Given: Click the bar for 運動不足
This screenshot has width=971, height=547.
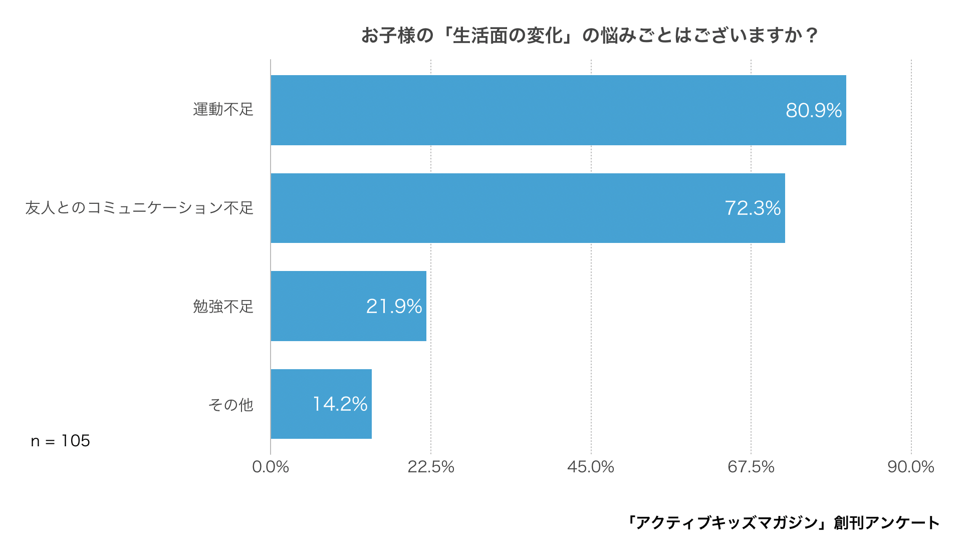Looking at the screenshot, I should (558, 110).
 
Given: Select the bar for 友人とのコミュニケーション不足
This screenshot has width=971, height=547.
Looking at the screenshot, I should (528, 208).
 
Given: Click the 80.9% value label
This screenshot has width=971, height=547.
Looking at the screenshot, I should (813, 111).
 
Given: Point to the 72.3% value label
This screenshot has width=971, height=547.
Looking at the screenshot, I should (753, 208).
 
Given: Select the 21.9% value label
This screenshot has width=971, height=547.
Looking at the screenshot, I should (394, 307).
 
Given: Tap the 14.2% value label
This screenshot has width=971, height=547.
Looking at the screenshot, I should (340, 404).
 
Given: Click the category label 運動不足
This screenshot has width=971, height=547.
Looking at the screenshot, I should (223, 109).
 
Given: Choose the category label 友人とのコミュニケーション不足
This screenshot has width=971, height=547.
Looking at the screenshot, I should (139, 207).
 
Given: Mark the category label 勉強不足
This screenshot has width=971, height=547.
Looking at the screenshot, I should (223, 306).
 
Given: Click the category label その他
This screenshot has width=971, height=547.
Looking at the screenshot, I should (231, 404).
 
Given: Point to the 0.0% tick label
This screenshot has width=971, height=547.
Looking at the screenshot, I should (271, 467).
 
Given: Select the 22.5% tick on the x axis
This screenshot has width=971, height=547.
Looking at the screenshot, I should (430, 467).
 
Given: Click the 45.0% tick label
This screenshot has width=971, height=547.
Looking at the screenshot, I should (591, 467).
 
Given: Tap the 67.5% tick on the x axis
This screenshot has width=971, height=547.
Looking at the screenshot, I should (751, 467).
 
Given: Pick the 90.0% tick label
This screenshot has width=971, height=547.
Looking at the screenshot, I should (910, 467).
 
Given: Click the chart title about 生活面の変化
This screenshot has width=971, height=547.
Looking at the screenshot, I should (589, 36).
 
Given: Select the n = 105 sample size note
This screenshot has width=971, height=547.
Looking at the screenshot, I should (61, 441).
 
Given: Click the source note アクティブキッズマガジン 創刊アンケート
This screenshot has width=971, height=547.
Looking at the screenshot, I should (783, 522).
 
